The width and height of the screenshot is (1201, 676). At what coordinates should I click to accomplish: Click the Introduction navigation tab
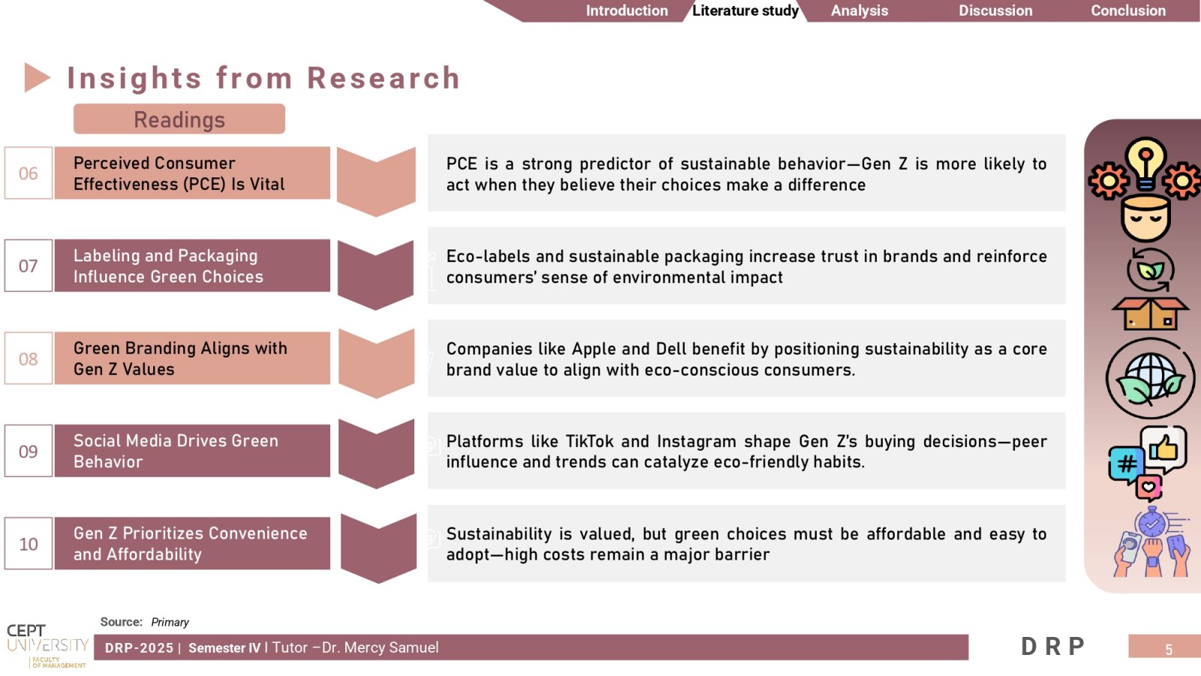tap(626, 11)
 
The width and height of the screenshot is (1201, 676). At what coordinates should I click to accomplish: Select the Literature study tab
tap(745, 11)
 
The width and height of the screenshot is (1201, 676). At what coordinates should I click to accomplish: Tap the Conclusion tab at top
tap(1128, 11)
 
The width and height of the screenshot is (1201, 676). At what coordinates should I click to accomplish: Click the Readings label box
tap(179, 119)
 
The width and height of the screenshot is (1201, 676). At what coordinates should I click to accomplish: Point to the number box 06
tap(29, 173)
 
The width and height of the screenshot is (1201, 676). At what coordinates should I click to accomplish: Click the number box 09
tap(29, 451)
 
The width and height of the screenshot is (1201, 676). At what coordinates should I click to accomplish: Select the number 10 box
tap(29, 544)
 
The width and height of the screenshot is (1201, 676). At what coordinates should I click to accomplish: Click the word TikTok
tap(589, 442)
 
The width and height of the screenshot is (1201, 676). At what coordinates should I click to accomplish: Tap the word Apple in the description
tap(594, 349)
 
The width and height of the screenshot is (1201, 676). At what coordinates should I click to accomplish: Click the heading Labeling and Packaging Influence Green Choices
tap(168, 266)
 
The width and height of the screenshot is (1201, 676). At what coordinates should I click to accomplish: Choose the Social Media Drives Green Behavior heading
tap(176, 451)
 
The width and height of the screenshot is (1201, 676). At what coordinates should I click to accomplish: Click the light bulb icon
tap(1145, 164)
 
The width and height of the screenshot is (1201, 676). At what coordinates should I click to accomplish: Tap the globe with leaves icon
tap(1151, 379)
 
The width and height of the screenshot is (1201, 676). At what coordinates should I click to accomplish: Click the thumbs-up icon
tap(1163, 448)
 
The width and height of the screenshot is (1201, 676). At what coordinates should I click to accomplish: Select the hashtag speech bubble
tap(1125, 465)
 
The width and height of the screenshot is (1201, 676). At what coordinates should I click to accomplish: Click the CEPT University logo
tap(47, 646)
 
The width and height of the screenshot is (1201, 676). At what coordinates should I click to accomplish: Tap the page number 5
tap(1169, 650)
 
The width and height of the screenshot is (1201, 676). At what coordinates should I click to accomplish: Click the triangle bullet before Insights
tap(37, 78)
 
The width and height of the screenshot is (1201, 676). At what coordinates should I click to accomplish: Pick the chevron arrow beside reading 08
tap(376, 364)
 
